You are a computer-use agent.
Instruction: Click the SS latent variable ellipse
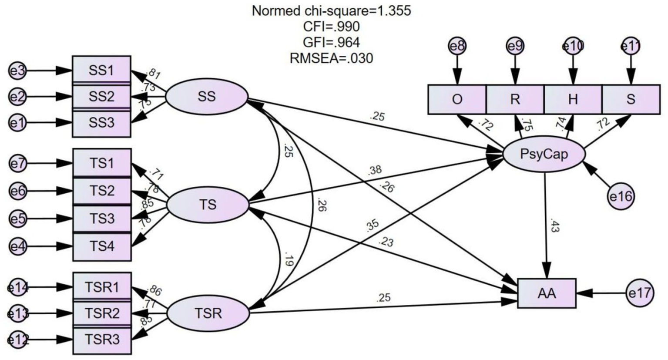tap(207, 97)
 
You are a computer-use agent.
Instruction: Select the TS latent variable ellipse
tap(208, 205)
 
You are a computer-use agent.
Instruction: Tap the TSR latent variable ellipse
tap(208, 313)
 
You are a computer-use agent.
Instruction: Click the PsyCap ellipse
tap(544, 154)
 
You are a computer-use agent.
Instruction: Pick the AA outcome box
tap(547, 294)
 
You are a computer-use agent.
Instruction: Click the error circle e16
tap(621, 197)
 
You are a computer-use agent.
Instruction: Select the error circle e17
tap(640, 293)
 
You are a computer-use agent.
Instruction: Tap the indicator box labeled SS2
tap(102, 97)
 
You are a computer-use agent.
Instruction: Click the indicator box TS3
tap(102, 219)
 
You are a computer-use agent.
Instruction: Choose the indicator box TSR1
tap(102, 287)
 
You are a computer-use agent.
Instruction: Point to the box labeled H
tap(573, 100)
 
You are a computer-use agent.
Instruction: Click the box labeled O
tap(457, 100)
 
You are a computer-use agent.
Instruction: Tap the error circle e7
tap(18, 164)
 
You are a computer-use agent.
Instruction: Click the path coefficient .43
tap(554, 226)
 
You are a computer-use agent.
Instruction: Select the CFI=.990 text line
tap(331, 27)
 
